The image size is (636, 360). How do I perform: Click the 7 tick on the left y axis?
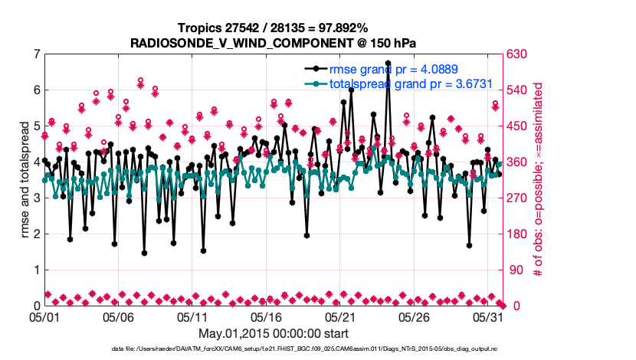[36, 54]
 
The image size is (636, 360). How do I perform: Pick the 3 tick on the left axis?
[36, 198]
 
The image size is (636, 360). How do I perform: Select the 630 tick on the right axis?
[514, 54]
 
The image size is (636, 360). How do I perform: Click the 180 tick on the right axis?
[514, 234]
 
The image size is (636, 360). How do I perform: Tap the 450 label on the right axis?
[514, 126]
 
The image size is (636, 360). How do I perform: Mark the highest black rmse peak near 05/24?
[388, 63]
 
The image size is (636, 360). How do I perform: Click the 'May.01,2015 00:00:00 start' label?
[274, 333]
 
